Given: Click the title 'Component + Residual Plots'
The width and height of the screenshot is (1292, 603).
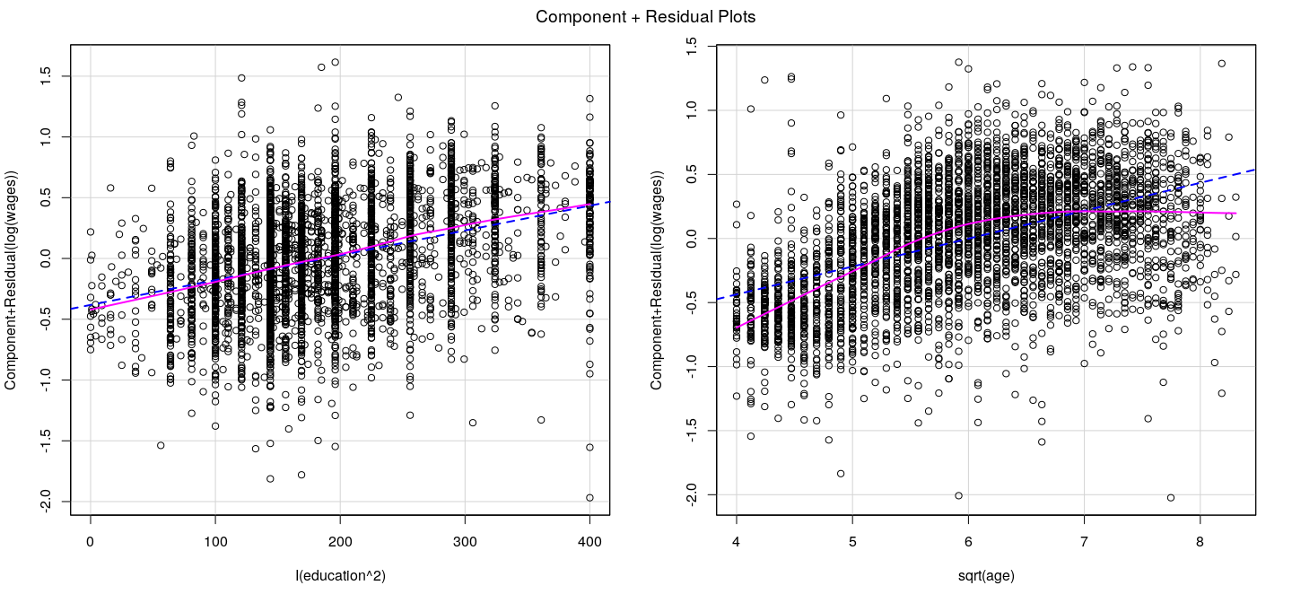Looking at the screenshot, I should [645, 17].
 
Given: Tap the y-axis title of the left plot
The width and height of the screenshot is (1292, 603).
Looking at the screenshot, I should [12, 280].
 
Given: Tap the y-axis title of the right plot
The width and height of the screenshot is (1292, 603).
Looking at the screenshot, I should [658, 280].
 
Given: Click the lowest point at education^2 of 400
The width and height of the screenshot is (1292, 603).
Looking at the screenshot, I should [589, 497].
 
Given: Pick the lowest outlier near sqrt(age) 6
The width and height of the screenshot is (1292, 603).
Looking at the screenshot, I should [958, 495].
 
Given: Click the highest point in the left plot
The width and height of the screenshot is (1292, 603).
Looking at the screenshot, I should [335, 62].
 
